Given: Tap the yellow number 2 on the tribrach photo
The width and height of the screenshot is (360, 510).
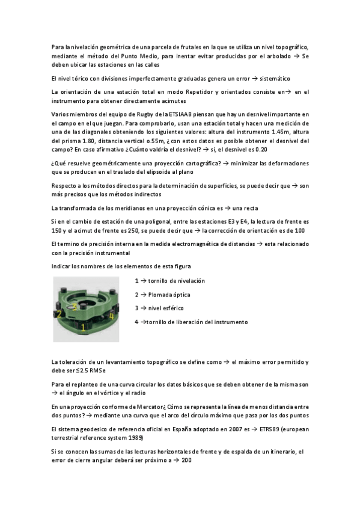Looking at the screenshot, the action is coord(59,314).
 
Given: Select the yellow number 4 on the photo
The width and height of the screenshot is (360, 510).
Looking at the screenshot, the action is coord(112,315).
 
